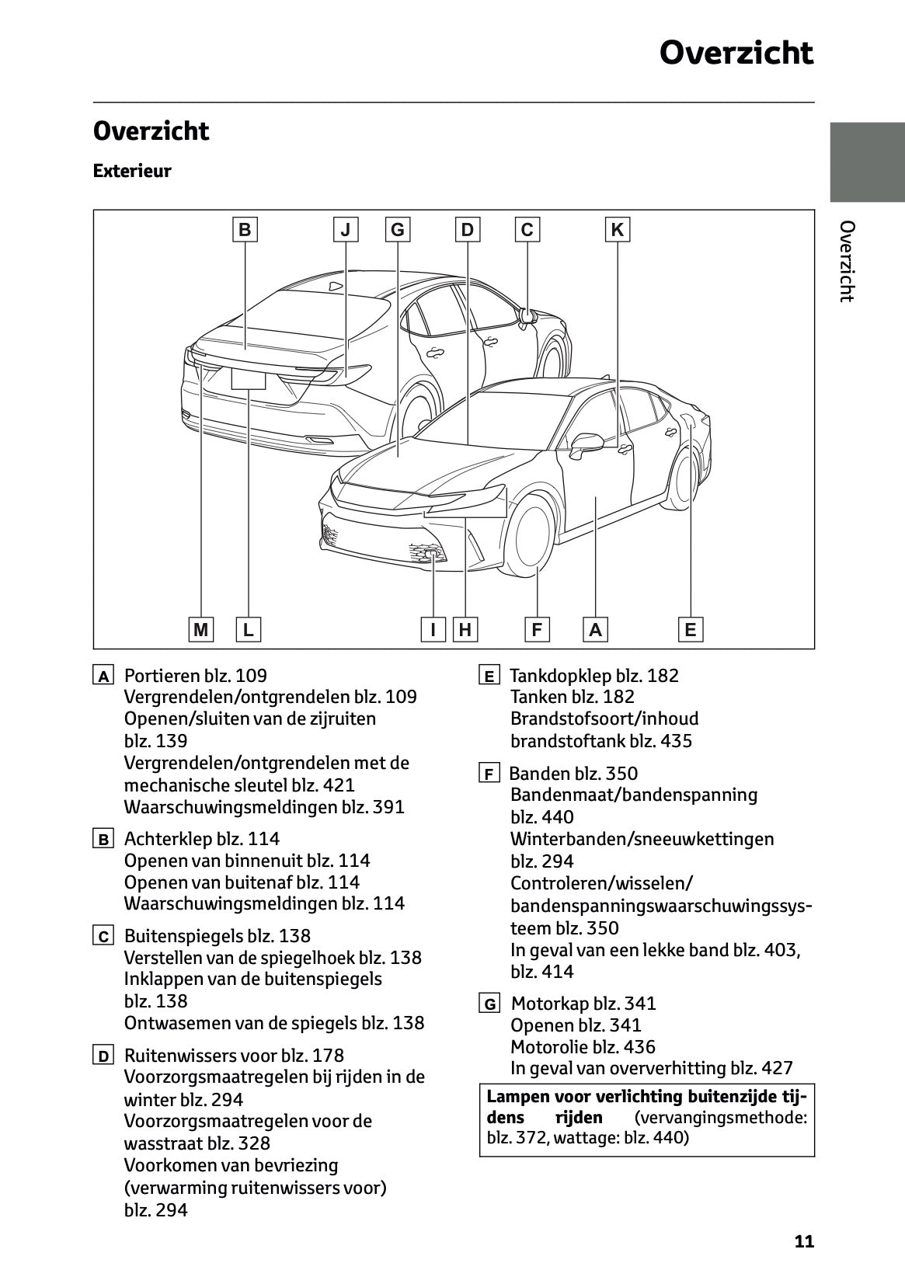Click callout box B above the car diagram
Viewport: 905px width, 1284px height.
point(245,229)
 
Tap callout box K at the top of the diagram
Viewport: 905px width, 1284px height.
point(617,229)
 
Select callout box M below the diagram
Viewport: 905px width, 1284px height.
point(201,629)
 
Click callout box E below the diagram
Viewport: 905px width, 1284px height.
point(690,629)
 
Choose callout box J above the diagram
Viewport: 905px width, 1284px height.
point(346,229)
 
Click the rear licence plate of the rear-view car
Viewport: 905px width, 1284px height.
point(249,378)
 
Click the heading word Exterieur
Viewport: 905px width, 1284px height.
point(132,171)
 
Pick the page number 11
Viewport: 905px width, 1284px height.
point(804,1241)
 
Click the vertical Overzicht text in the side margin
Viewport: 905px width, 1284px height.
point(847,261)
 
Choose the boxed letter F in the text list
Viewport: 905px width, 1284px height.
point(489,774)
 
